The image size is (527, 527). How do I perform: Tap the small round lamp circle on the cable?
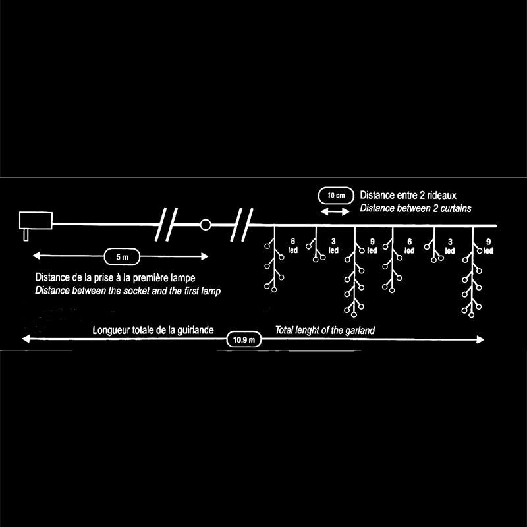[x=206, y=225]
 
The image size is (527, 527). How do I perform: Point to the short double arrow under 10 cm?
[x=335, y=211]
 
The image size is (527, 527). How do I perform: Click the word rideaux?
[x=451, y=196]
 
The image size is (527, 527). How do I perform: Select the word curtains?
[x=454, y=208]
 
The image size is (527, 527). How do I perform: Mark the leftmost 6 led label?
[x=292, y=246]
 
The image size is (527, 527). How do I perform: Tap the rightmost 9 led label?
[x=488, y=246]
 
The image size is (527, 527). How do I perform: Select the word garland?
[x=359, y=330]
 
